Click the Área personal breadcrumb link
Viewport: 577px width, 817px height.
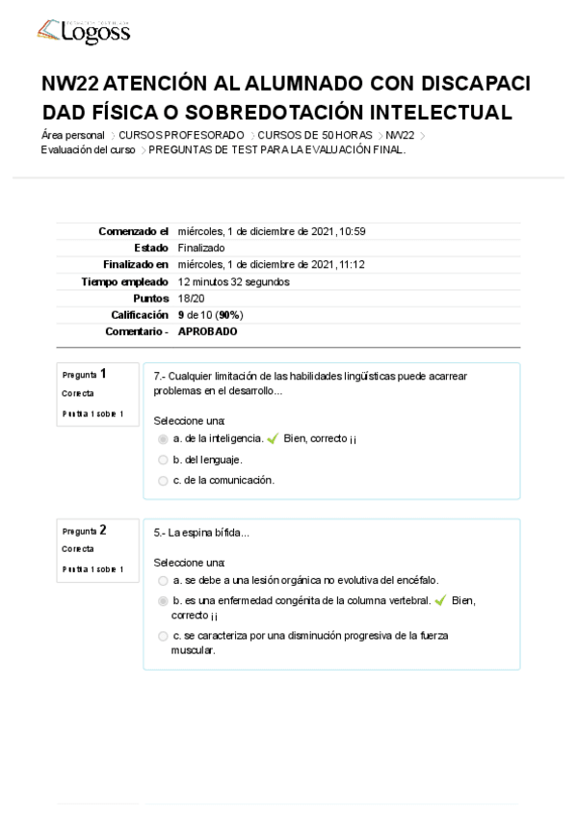point(73,135)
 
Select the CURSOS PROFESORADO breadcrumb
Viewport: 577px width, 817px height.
point(181,135)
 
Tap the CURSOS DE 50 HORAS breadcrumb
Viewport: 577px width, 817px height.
point(315,135)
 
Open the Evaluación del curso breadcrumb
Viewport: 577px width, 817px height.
point(88,149)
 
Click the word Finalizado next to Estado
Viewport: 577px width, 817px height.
point(201,248)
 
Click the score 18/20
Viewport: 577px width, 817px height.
point(191,299)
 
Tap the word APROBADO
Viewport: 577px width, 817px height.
point(207,331)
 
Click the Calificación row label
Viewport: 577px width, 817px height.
point(140,315)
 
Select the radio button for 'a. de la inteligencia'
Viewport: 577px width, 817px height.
point(163,438)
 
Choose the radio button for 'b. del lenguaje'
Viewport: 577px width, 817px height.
point(163,460)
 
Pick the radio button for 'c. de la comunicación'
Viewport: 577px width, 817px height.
point(163,480)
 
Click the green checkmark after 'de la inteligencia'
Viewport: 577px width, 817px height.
point(273,438)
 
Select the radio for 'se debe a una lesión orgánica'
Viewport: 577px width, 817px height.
point(163,580)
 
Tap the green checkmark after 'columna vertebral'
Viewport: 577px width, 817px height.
point(440,600)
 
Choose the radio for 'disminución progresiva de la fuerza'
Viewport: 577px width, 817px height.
point(163,636)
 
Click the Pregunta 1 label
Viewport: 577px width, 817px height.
point(85,374)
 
